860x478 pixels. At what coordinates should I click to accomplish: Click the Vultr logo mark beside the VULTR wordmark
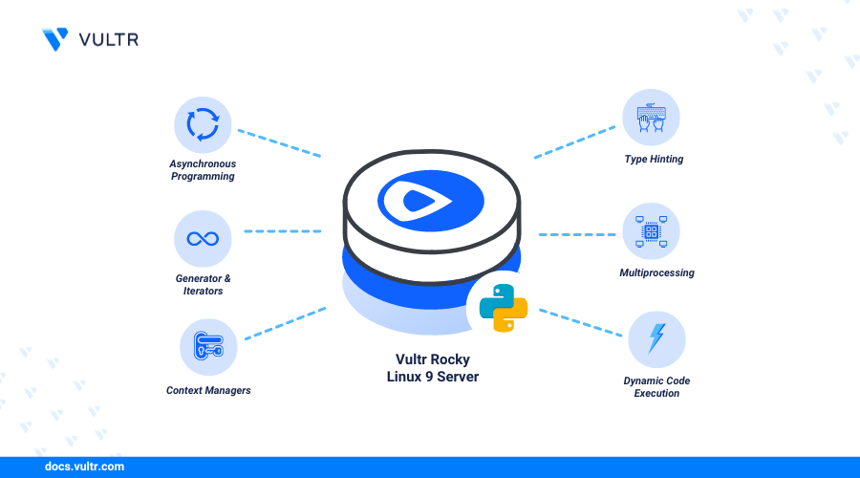coord(55,39)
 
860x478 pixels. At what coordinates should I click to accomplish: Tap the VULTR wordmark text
coord(109,39)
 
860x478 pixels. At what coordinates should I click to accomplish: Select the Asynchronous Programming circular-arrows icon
coord(203,124)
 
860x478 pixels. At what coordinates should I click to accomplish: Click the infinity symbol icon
coord(203,239)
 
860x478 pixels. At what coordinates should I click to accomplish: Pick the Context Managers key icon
coord(208,346)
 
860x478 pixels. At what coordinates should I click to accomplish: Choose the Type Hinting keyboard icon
coord(651,118)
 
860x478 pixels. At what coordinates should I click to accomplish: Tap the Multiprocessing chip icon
coord(651,231)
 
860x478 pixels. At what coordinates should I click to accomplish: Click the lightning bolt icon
coord(656,338)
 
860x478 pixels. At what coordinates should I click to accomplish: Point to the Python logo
coord(504,308)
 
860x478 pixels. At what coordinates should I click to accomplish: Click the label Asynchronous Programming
coord(203,170)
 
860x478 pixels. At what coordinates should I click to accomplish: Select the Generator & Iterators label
coord(203,285)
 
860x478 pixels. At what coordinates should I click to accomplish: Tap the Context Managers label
coord(208,390)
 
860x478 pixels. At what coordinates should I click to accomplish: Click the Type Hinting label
coord(654,159)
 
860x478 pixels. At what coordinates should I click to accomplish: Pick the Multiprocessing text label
coord(656,272)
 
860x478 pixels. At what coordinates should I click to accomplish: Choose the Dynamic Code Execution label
coord(656,387)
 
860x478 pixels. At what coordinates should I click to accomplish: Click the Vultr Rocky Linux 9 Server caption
coord(433,368)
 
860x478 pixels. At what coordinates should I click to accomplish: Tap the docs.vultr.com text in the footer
coord(84,467)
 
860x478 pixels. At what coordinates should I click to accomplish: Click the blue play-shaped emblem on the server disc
coord(431,201)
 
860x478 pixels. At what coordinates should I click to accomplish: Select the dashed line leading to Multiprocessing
coord(577,234)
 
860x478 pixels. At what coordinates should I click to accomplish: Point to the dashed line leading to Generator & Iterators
coord(283,231)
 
